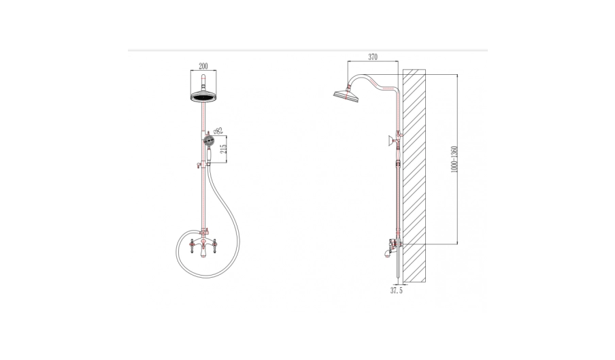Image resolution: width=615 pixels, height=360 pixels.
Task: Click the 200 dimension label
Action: pos(203,66)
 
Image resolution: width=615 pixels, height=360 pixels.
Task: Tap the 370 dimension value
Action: pos(373,57)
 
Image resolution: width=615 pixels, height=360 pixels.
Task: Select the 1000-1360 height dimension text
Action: pos(454,159)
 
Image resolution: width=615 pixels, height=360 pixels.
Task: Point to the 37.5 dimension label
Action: pos(396,291)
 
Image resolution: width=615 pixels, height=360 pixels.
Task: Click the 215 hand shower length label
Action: pos(224,149)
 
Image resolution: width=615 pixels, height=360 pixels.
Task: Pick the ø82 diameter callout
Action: pos(217,130)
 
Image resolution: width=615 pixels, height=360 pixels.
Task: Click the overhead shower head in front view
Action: pos(203,97)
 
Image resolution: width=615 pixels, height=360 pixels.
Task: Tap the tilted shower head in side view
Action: pos(346,95)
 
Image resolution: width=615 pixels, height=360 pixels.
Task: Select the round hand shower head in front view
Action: pos(208,140)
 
